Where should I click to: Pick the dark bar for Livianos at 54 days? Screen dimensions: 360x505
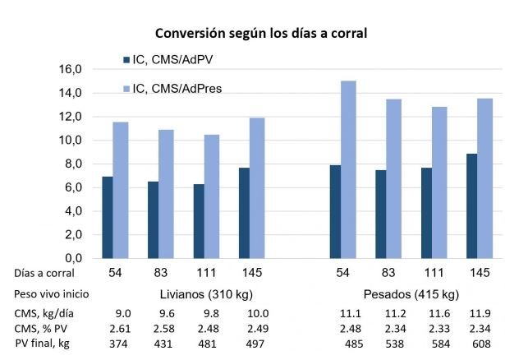point(108,217)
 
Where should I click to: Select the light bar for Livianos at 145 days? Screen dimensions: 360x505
point(258,187)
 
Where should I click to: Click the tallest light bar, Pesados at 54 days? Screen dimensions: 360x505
point(349,169)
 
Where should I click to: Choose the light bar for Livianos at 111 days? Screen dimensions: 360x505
point(212,196)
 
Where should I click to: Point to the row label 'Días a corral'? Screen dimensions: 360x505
point(44,273)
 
